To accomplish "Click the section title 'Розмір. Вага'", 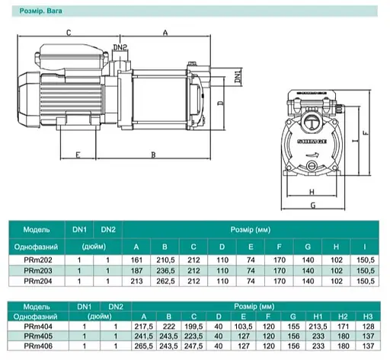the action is pyautogui.click(x=40, y=11).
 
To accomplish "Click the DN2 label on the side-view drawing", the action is pyautogui.click(x=120, y=47).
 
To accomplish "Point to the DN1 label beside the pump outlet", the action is pyautogui.click(x=238, y=77).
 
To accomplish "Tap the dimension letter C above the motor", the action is pyautogui.click(x=69, y=33).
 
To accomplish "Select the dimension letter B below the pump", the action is pyautogui.click(x=153, y=155).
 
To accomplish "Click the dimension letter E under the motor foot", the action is pyautogui.click(x=78, y=155).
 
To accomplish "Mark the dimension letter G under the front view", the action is pyautogui.click(x=313, y=205).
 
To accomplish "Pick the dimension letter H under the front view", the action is pyautogui.click(x=312, y=192).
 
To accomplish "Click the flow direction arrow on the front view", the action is pyautogui.click(x=312, y=155).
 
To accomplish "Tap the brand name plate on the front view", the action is pyautogui.click(x=312, y=142).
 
